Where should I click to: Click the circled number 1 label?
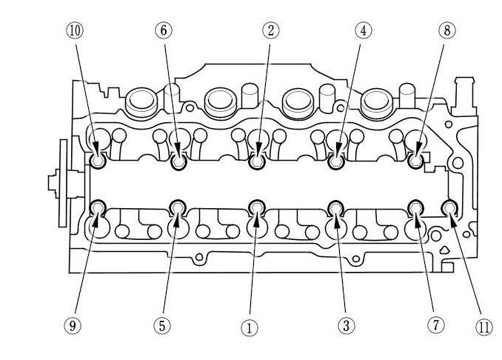pos(250,326)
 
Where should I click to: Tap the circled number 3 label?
pos(344,325)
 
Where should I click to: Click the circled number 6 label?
pos(163,31)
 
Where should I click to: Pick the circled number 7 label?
pos(435,325)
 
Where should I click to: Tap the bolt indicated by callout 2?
pos(257,161)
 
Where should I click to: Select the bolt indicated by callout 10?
pos(98,161)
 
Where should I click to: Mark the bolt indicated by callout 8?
pos(415,161)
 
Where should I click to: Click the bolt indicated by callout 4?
pos(335,161)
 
